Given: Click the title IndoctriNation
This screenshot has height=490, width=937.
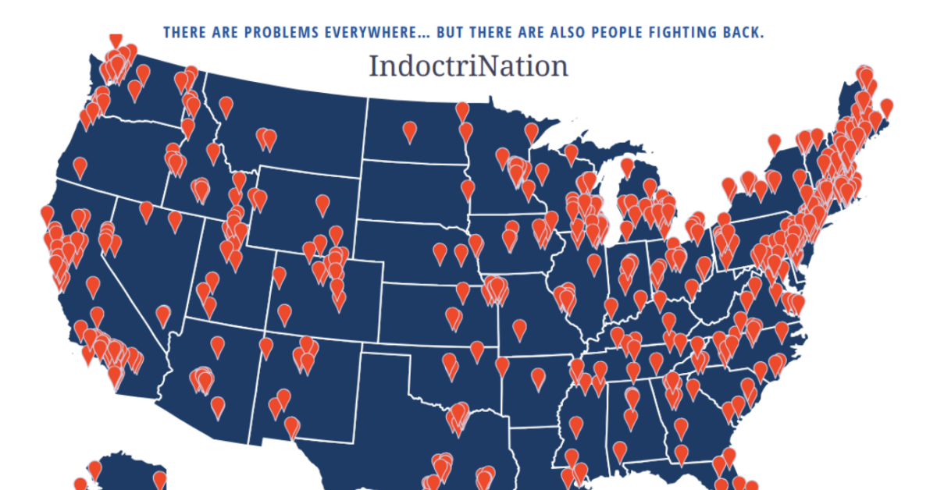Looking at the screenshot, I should pyautogui.click(x=468, y=66).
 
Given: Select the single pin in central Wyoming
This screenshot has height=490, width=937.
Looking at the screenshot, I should pyautogui.click(x=322, y=205).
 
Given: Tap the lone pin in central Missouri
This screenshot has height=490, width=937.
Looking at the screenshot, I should pyautogui.click(x=517, y=328).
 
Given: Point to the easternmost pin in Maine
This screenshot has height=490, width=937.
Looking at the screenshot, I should pyautogui.click(x=886, y=107).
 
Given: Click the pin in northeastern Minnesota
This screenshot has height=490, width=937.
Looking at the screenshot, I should pyautogui.click(x=532, y=132).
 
